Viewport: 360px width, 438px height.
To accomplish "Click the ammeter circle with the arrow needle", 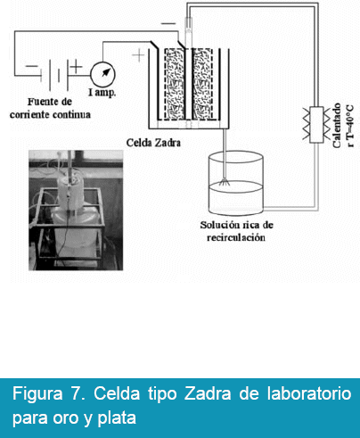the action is [102, 74].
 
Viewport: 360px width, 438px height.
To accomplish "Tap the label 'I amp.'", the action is [102, 93].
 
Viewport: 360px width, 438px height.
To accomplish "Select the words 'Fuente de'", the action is [50, 102].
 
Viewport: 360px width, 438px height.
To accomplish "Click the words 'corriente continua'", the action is [50, 114].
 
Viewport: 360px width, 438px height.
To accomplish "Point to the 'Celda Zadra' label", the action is [153, 143].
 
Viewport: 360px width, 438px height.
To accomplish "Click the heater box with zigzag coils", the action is [316, 125].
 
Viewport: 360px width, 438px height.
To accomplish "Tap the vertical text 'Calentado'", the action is [337, 125].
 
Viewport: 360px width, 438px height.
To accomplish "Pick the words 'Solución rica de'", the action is [236, 225].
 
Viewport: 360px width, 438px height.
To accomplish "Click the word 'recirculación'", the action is [236, 237].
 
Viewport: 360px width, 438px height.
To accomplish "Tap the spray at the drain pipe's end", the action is [225, 182].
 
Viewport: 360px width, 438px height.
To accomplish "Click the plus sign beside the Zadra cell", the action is [138, 55].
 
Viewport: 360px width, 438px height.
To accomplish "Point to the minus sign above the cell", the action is [168, 23].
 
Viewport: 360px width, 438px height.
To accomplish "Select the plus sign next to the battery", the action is [77, 66].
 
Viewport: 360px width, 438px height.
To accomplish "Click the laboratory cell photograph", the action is [76, 211].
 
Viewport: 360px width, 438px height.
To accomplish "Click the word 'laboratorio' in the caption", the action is [309, 393].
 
